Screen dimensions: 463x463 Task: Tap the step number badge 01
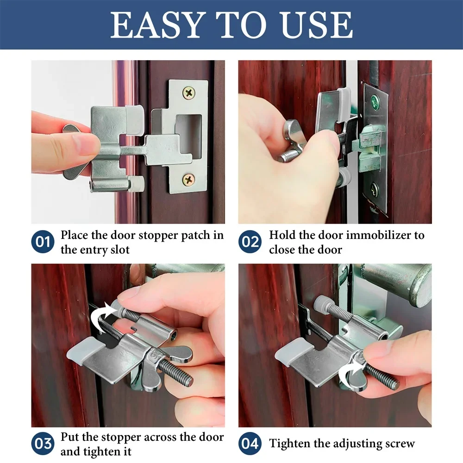click(43, 242)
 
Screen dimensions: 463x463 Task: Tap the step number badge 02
click(250, 242)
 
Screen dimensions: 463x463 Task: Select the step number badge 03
click(43, 443)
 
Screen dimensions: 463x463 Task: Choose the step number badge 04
click(250, 443)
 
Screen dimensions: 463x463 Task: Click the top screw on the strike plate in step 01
click(189, 93)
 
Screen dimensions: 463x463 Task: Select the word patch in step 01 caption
click(195, 235)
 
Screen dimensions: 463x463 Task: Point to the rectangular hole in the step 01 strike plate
click(189, 135)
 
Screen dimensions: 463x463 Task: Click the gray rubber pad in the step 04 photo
click(292, 350)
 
